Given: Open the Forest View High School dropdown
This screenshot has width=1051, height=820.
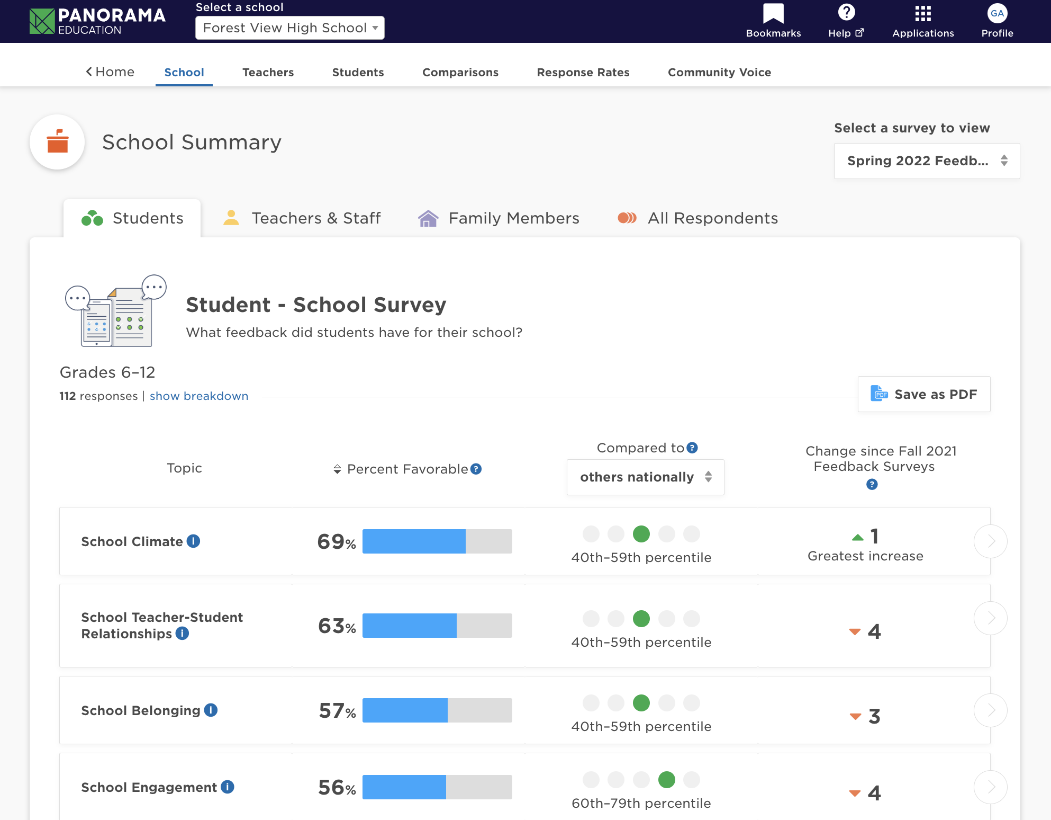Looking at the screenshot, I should point(289,28).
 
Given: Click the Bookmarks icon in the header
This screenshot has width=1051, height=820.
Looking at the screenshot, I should point(773,14).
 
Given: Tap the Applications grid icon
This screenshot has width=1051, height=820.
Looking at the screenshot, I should point(922,14).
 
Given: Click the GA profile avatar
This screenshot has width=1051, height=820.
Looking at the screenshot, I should point(997,14).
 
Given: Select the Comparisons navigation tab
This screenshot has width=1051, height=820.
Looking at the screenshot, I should point(460,72).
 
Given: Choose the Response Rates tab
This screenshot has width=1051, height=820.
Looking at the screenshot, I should point(583,72).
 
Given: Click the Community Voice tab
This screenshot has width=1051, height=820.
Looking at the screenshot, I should point(719,72).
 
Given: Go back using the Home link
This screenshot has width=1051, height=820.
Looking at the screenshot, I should point(110,72).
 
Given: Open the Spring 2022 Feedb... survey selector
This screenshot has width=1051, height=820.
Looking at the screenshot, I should point(926,161).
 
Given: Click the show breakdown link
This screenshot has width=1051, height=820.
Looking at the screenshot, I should point(198,396).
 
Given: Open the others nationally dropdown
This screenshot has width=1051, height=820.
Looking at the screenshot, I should point(645,477).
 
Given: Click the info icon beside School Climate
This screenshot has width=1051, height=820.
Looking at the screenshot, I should point(193,541).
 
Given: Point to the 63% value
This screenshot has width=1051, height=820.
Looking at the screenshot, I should point(337,626).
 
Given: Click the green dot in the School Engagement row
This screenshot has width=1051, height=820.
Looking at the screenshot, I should point(666,780).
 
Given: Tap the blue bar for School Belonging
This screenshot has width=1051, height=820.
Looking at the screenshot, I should point(405,710).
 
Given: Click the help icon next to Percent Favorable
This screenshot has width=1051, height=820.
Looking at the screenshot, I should point(476,469).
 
